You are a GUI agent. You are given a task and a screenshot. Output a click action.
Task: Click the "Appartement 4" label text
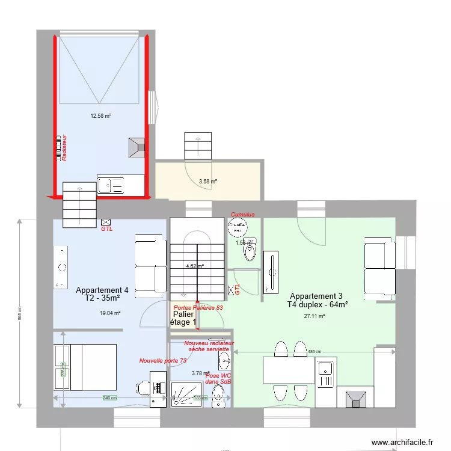pyautogui.click(x=102, y=290)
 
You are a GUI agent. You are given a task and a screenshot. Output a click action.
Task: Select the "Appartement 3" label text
pyautogui.click(x=316, y=296)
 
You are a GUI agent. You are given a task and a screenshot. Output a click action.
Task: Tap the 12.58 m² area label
pyautogui.click(x=100, y=116)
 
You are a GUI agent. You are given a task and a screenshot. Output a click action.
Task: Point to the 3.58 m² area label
pyautogui.click(x=208, y=181)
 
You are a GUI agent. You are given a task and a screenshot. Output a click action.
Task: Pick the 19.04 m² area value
pyautogui.click(x=110, y=313)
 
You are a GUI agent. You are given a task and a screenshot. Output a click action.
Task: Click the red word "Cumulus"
pyautogui.click(x=243, y=214)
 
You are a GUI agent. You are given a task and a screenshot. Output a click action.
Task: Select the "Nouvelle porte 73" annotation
pyautogui.click(x=162, y=361)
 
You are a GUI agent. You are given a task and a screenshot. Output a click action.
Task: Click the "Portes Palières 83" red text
pyautogui.click(x=198, y=307)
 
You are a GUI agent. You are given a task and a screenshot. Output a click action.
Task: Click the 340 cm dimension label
pyautogui.click(x=108, y=398)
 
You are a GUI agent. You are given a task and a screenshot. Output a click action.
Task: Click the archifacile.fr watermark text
pyautogui.click(x=402, y=442)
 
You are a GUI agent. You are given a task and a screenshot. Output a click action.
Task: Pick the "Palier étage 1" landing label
pyautogui.click(x=183, y=318)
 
